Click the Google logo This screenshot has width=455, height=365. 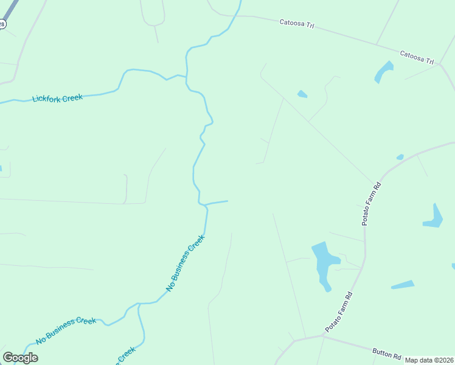[x=20, y=357]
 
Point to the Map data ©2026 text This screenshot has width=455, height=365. [x=429, y=360]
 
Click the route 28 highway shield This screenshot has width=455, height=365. [x=2, y=24]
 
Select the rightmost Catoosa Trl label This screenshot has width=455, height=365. [x=417, y=58]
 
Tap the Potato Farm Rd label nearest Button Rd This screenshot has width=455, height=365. [x=339, y=312]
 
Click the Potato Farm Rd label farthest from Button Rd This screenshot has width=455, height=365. [x=372, y=204]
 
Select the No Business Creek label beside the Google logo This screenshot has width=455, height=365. [x=66, y=330]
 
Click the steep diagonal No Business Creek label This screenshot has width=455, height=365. [x=186, y=262]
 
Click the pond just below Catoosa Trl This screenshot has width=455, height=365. [x=383, y=71]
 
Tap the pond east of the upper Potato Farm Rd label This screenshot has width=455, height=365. [x=433, y=217]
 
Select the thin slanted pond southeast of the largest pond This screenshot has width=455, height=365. [x=402, y=285]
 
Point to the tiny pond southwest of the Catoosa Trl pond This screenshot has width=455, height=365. [x=302, y=94]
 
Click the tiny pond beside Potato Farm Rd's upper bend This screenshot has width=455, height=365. [x=400, y=157]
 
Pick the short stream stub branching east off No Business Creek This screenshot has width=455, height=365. [x=217, y=202]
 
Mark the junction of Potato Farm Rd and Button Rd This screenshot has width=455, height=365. [x=322, y=335]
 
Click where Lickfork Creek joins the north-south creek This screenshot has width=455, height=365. [x=186, y=77]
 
